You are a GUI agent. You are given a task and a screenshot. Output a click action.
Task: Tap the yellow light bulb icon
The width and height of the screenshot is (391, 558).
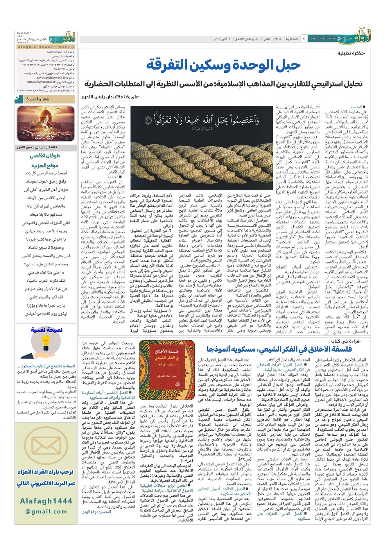point(45,344)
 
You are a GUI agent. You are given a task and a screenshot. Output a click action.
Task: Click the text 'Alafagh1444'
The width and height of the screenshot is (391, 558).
point(45,501)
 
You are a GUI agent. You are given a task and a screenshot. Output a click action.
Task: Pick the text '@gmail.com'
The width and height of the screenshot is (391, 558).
point(46,511)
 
